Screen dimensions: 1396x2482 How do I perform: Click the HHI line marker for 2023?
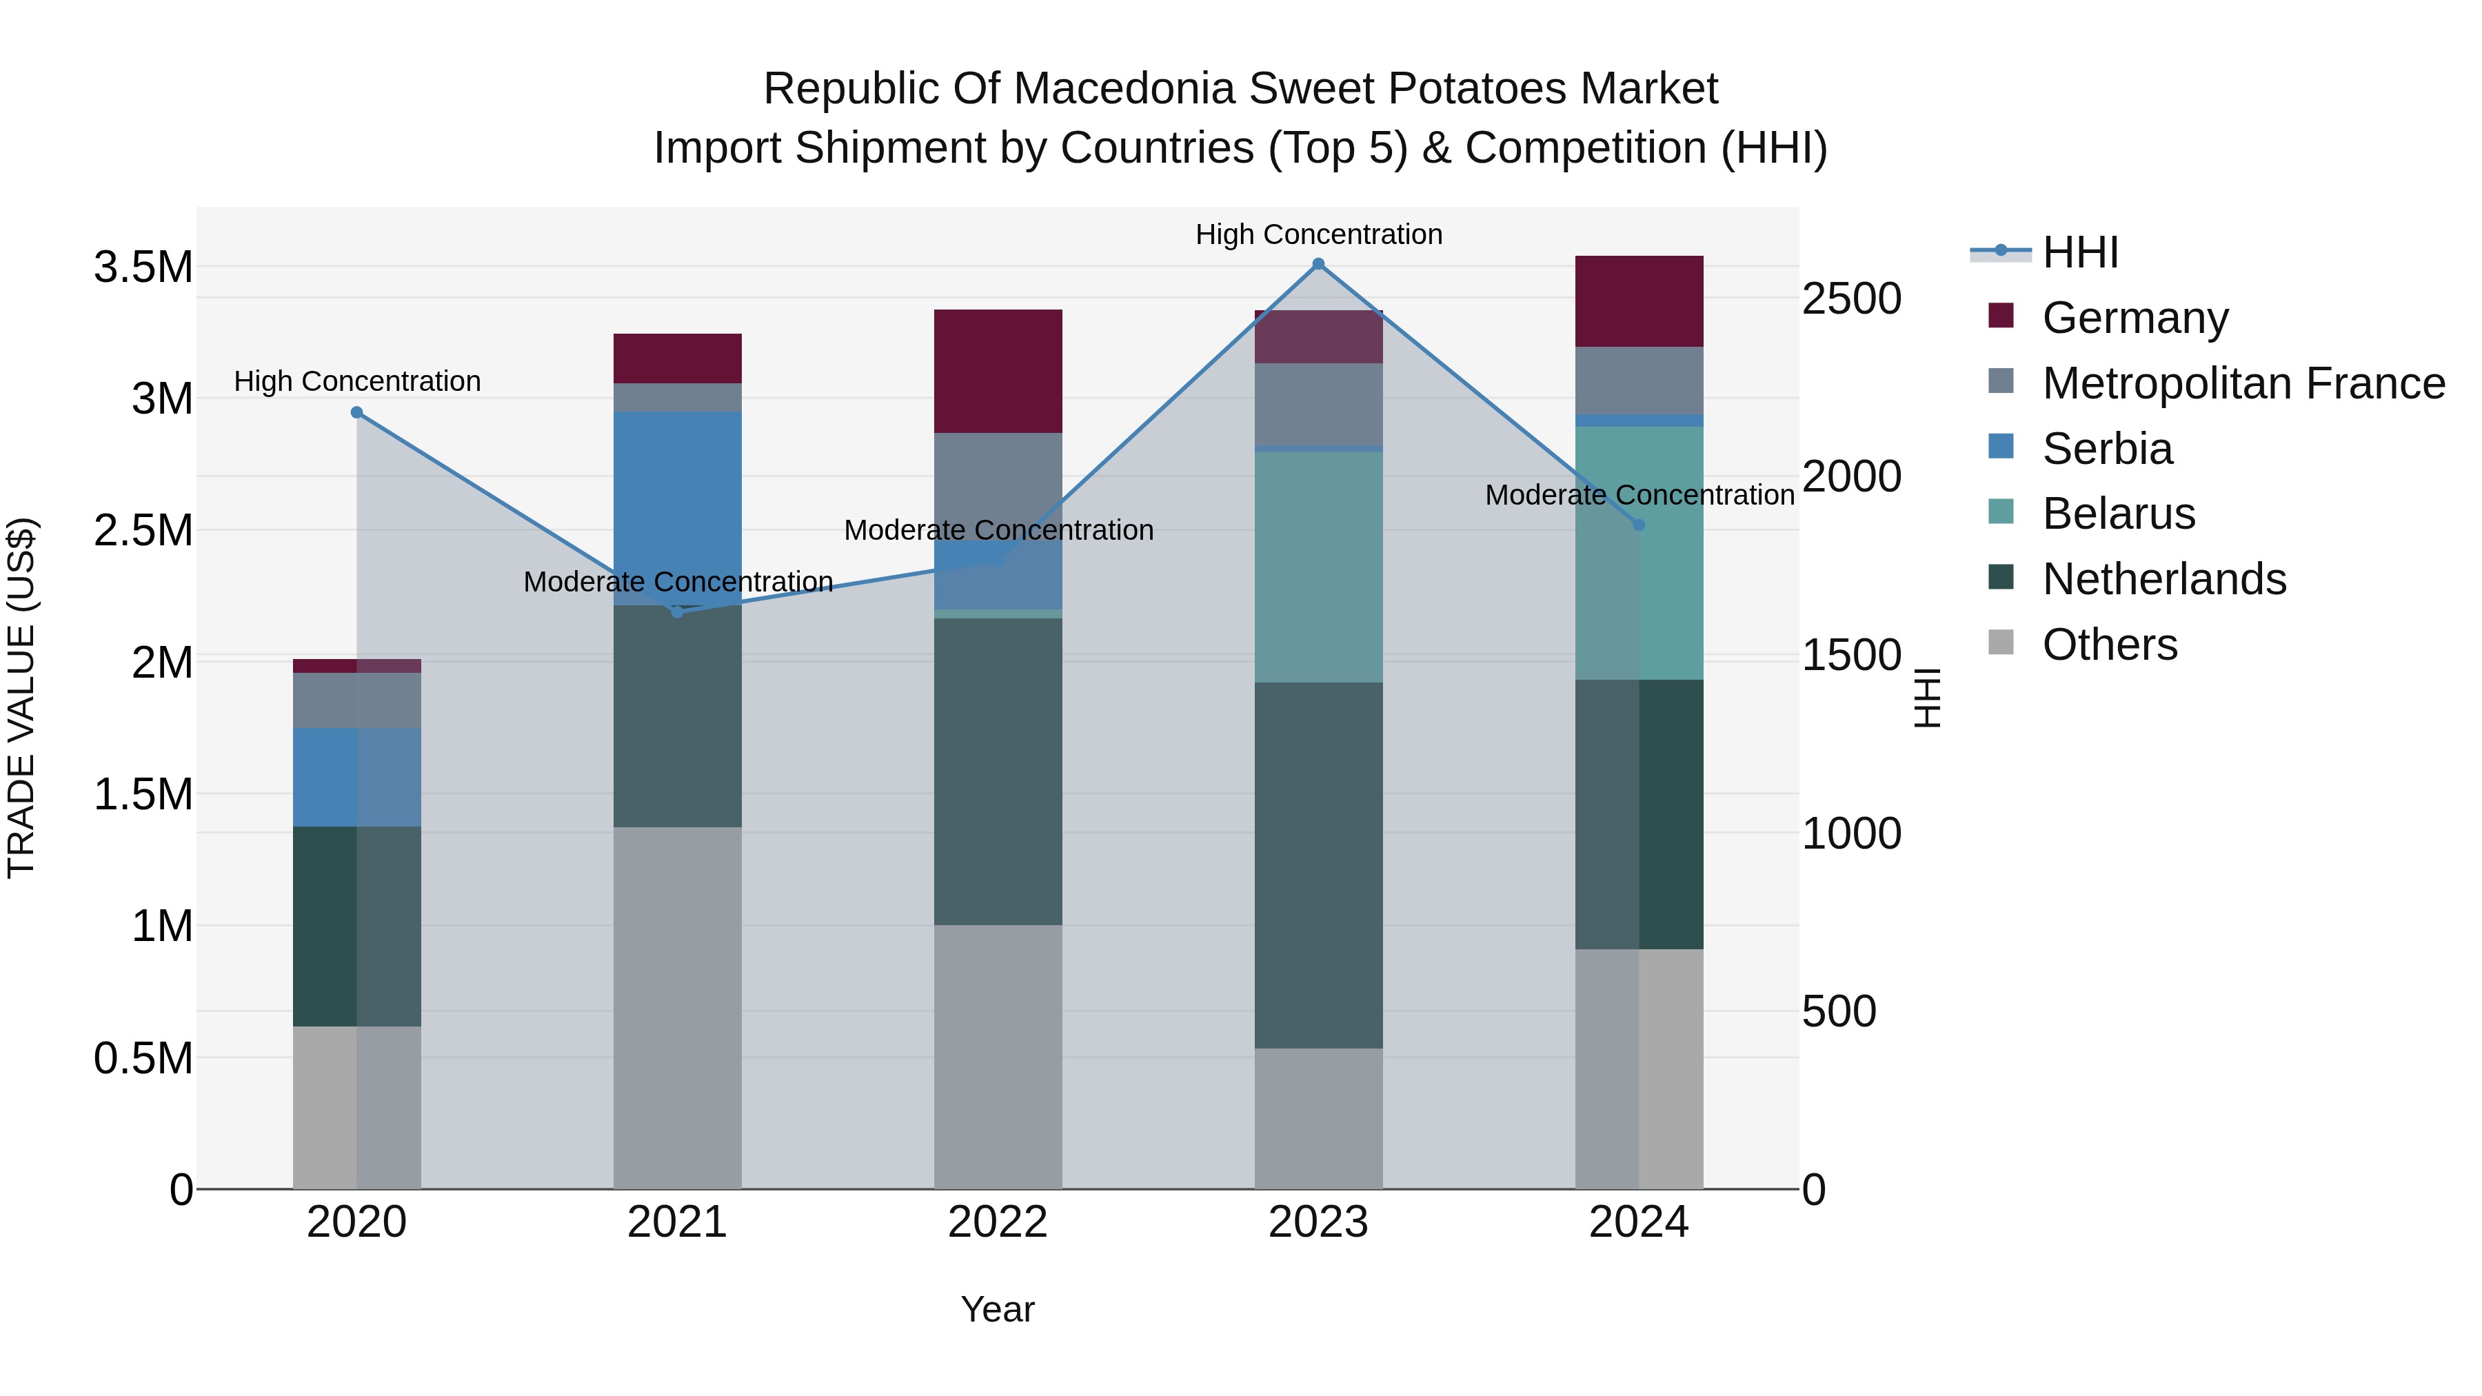coord(1318,264)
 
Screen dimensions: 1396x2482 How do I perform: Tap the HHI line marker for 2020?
coord(356,412)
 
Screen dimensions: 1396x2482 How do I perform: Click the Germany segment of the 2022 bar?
coord(998,371)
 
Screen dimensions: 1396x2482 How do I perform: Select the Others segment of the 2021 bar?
coord(677,1006)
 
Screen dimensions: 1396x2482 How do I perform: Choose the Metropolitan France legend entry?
coord(2243,383)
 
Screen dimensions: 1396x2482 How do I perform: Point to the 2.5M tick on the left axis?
coord(143,531)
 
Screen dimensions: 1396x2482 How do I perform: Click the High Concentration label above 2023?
coord(1318,234)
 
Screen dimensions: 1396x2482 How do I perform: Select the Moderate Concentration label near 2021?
coord(677,582)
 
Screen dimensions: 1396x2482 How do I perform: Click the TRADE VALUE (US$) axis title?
coord(21,698)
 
